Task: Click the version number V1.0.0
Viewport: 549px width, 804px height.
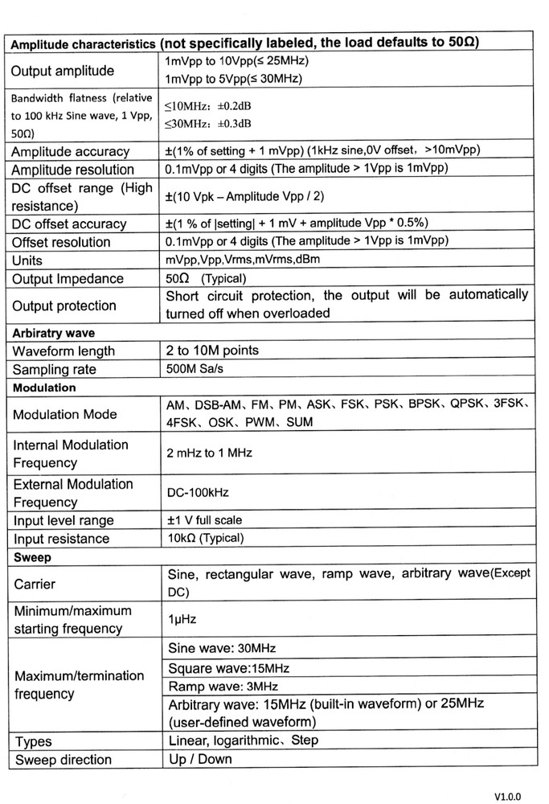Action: point(509,795)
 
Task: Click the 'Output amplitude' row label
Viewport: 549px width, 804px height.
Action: point(63,71)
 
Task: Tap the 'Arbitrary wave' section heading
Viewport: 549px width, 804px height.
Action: point(53,332)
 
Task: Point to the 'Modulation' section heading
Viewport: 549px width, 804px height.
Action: point(44,388)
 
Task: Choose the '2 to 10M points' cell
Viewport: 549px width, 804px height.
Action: point(212,351)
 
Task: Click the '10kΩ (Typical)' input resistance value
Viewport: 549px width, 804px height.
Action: point(204,538)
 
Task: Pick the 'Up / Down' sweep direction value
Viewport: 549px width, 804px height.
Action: point(199,758)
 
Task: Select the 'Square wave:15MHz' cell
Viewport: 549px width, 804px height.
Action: point(228,668)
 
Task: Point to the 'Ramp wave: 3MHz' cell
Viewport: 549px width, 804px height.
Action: point(223,686)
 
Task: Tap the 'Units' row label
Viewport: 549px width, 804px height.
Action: point(27,260)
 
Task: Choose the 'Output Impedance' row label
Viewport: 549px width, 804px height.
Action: point(68,279)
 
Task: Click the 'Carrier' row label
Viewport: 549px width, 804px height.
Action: point(35,585)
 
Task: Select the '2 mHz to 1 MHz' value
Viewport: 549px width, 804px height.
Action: point(209,453)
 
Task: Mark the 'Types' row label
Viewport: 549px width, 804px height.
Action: point(33,741)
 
